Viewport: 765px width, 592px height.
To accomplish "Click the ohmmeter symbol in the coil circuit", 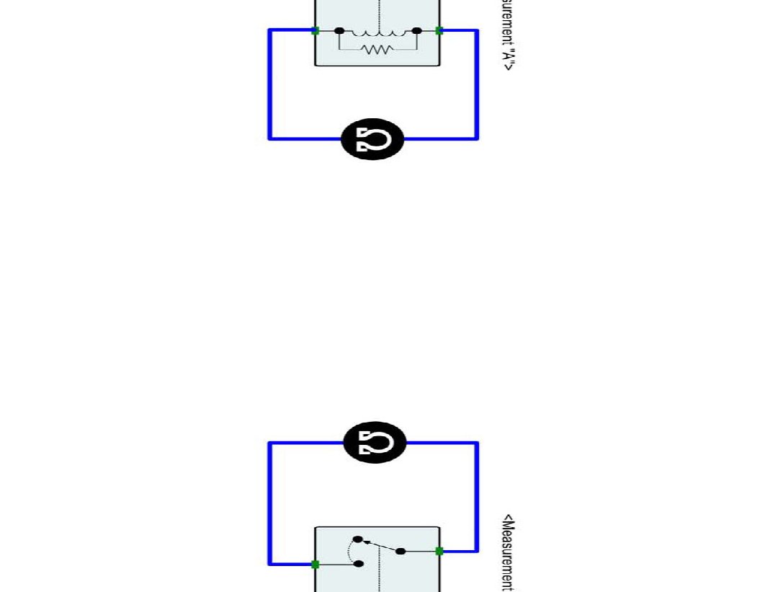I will click(x=372, y=139).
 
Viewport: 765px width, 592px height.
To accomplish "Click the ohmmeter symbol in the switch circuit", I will click(x=375, y=442).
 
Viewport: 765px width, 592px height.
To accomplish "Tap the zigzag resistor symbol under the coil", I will click(x=377, y=50).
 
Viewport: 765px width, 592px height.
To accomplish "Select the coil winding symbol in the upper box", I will click(x=377, y=32).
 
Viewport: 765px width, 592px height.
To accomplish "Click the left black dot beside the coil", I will click(x=340, y=31).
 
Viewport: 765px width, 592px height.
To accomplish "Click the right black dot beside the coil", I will click(x=416, y=31).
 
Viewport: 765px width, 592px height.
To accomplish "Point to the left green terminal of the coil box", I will click(x=315, y=31).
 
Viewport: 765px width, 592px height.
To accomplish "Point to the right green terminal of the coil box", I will click(x=439, y=31).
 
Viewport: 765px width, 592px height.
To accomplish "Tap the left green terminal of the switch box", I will click(x=315, y=564).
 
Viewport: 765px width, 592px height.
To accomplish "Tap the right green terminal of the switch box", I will click(x=439, y=551).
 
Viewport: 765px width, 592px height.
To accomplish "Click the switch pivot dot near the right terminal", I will click(x=401, y=552).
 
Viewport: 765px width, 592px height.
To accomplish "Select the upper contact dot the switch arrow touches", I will click(x=358, y=539).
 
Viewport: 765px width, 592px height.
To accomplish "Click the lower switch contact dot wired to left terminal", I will click(x=359, y=564).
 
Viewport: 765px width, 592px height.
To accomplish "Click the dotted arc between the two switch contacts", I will click(x=350, y=552).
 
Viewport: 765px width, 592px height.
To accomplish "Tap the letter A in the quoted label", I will click(x=508, y=53).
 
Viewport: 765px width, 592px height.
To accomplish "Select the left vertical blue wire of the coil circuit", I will click(x=270, y=84).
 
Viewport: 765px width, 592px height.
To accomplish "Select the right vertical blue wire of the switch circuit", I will click(x=477, y=497).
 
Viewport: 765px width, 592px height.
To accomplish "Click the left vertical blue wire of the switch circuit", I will click(x=270, y=503).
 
